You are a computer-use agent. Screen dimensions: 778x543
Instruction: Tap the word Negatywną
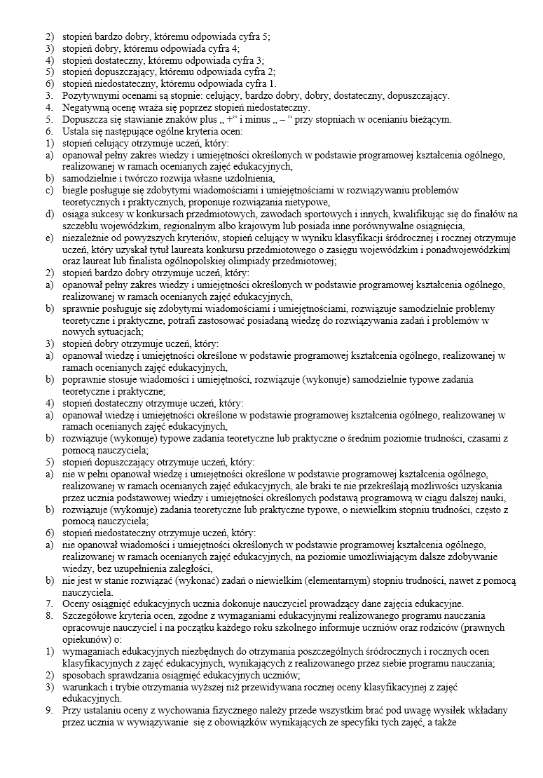pyautogui.click(x=87, y=107)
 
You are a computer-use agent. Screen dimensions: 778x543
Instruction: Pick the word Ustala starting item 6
pyautogui.click(x=76, y=131)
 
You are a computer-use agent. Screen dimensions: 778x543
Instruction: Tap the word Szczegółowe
pyautogui.click(x=90, y=616)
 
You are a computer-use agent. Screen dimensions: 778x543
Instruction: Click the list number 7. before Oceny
pyautogui.click(x=50, y=604)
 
